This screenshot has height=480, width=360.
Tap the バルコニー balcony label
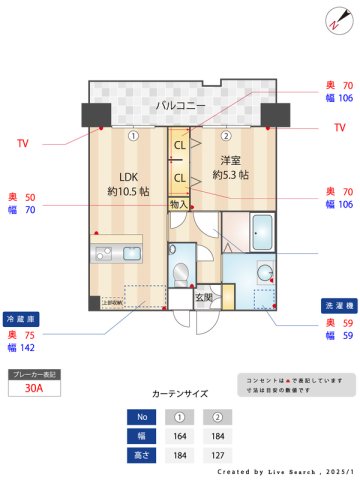click(x=180, y=105)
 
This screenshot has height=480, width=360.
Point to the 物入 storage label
click(x=179, y=204)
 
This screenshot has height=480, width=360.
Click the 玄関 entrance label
click(x=204, y=296)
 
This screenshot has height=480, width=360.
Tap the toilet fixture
click(x=182, y=273)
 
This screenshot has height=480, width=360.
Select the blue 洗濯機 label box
click(x=336, y=305)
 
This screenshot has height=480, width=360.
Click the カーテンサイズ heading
click(x=180, y=394)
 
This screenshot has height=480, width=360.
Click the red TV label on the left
click(x=22, y=144)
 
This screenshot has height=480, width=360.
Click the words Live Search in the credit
click(x=283, y=471)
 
